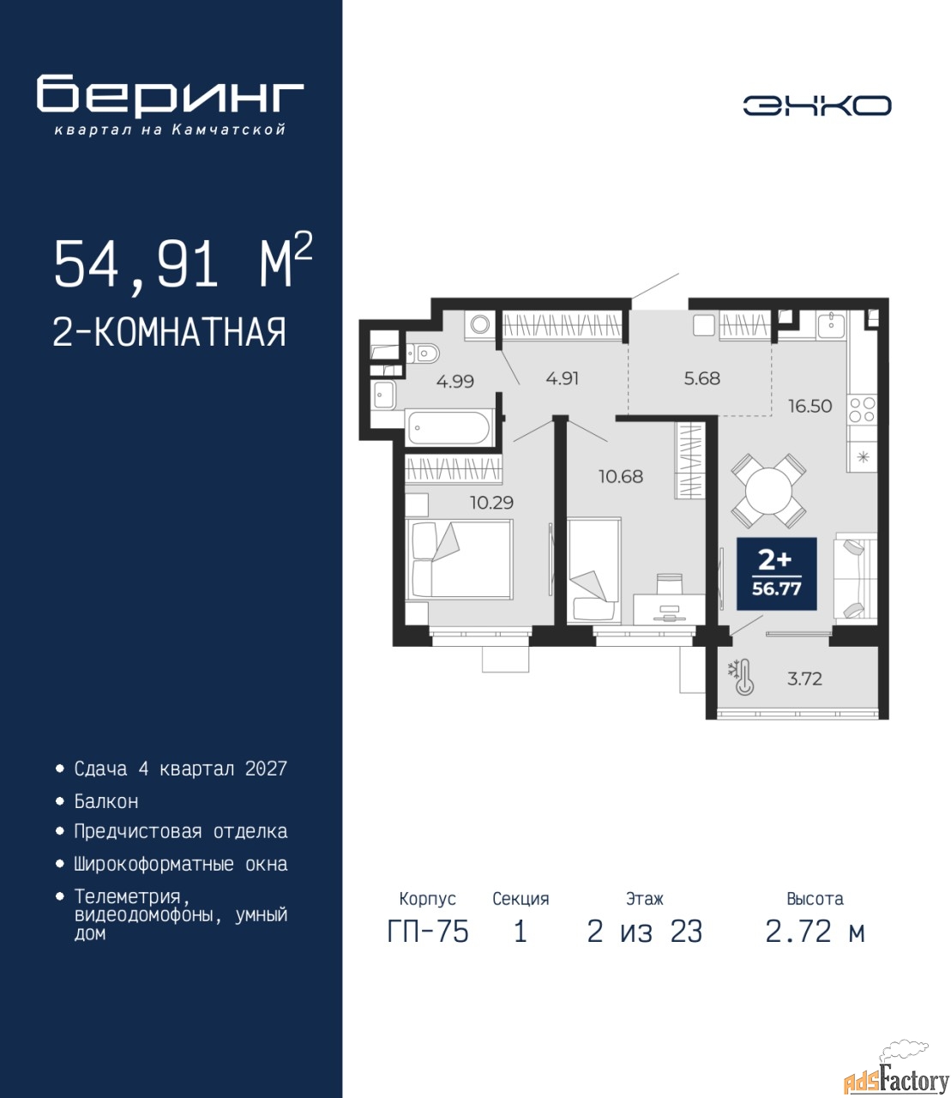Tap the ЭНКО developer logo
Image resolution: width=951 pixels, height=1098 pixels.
pyautogui.click(x=816, y=106)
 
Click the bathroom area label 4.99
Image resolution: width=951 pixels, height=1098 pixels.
pyautogui.click(x=455, y=381)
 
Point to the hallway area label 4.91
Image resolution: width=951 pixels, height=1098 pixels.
pyautogui.click(x=563, y=378)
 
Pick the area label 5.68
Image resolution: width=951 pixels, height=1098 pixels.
pyautogui.click(x=702, y=378)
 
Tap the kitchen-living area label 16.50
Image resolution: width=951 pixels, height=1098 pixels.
pyautogui.click(x=810, y=407)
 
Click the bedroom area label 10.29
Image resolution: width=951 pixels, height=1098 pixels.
pyautogui.click(x=491, y=502)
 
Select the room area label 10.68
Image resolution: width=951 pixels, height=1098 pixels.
pyautogui.click(x=621, y=476)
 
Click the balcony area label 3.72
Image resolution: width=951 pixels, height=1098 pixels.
pyautogui.click(x=804, y=679)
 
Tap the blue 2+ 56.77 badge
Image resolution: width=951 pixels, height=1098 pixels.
pyautogui.click(x=776, y=574)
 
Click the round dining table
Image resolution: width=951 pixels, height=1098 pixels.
pyautogui.click(x=768, y=491)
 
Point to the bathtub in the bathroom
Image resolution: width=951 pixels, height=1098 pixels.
pyautogui.click(x=450, y=427)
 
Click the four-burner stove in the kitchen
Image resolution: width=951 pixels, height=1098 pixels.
pyautogui.click(x=863, y=409)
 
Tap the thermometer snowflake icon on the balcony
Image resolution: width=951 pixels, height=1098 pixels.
pyautogui.click(x=741, y=678)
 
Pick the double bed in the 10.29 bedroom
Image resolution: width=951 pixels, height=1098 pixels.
pyautogui.click(x=459, y=558)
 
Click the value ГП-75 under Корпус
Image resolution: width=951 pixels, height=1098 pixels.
pyautogui.click(x=427, y=932)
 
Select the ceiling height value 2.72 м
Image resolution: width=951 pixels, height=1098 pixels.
pyautogui.click(x=815, y=932)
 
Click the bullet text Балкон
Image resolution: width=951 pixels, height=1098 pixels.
pyautogui.click(x=106, y=801)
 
